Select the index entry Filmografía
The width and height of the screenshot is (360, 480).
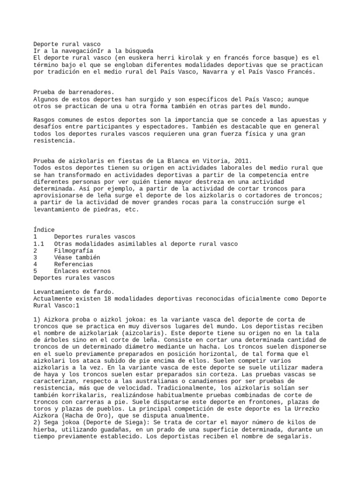[x=74, y=251]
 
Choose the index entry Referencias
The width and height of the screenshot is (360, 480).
[x=74, y=264]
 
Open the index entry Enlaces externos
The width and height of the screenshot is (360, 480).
[x=82, y=271]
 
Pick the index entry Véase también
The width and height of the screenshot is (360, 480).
[x=77, y=257]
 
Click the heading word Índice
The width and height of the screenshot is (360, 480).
[x=44, y=230]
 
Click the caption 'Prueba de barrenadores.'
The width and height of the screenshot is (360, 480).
[x=74, y=93]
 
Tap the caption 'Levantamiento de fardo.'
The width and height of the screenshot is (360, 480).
[x=74, y=292]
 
